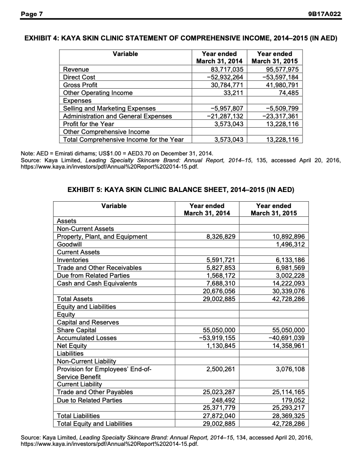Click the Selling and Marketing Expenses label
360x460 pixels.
(x=107, y=108)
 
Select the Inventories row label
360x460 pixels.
(x=73, y=260)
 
